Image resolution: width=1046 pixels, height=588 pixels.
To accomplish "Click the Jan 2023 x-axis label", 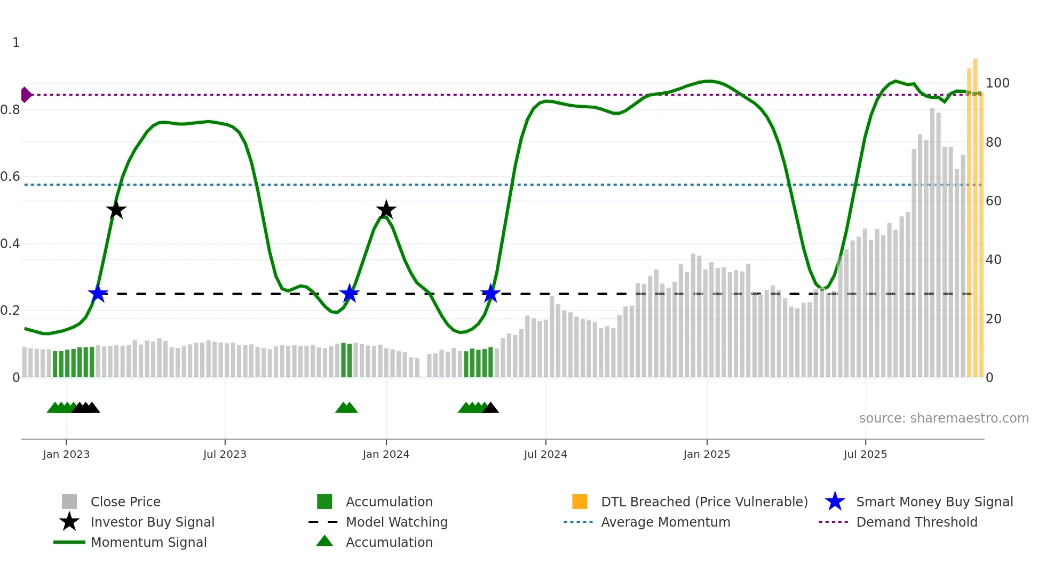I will tap(66, 454).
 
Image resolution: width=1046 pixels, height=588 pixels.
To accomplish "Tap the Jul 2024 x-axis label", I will tap(545, 454).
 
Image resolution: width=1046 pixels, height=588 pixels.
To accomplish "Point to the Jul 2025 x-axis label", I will tap(865, 454).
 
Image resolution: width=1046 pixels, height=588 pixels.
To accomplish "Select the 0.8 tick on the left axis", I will tap(10, 110).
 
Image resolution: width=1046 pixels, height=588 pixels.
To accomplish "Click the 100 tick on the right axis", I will tap(997, 83).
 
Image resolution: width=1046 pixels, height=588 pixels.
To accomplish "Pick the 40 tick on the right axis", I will tap(994, 260).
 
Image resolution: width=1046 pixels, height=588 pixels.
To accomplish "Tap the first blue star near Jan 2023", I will tap(98, 293).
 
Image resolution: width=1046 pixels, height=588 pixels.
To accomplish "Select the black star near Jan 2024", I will tap(386, 210).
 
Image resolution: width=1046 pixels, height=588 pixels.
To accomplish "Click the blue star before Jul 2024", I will tap(490, 293).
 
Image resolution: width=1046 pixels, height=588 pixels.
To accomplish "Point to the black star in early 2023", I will tap(116, 210).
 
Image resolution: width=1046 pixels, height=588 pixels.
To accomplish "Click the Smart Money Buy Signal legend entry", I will tap(934, 502).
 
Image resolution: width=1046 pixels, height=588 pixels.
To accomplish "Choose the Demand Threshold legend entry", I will tap(916, 522).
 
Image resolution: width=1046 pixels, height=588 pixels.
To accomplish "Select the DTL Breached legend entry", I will tap(704, 502).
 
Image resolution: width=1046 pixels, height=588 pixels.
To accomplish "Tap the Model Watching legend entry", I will tap(397, 522).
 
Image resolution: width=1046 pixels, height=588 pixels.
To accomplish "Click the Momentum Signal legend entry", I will tap(148, 542).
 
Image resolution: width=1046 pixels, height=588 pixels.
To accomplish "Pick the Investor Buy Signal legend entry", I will tap(152, 522).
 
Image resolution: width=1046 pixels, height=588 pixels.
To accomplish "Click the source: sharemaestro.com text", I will tap(944, 418).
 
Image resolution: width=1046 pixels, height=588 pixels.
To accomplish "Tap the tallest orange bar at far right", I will tap(975, 213).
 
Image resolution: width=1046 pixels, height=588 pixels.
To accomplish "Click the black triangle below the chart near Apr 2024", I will tap(490, 408).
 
